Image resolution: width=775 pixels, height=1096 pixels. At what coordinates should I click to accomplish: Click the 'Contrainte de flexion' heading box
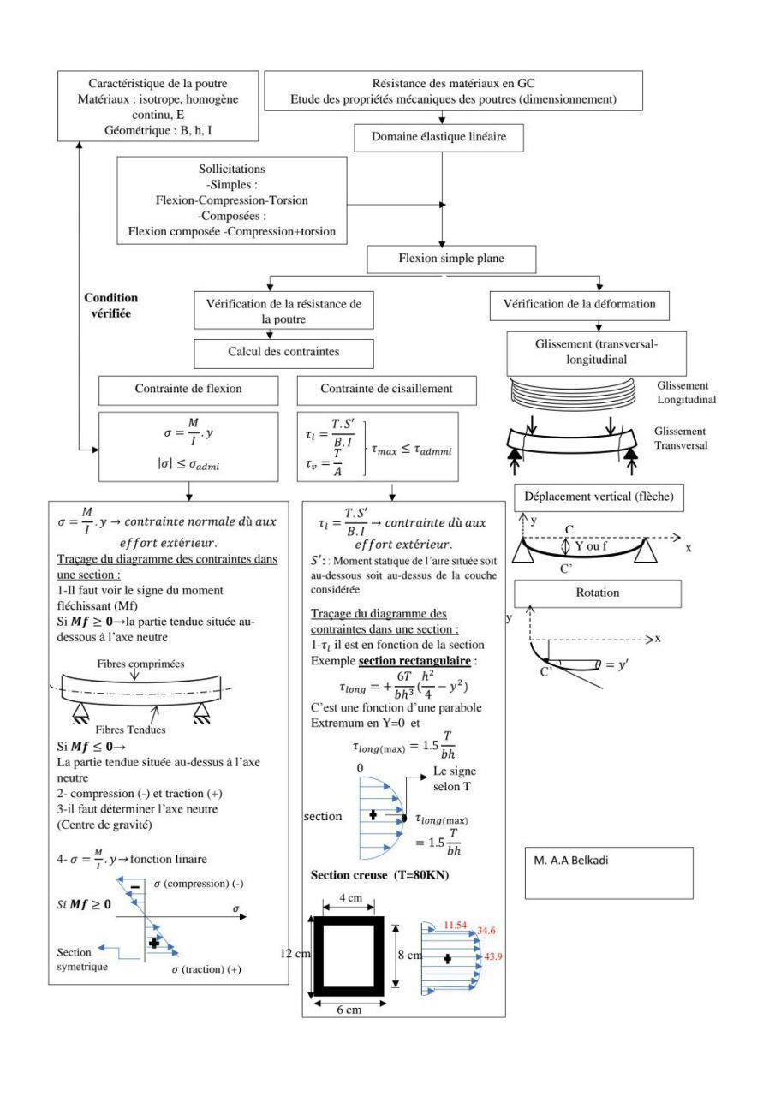(x=188, y=389)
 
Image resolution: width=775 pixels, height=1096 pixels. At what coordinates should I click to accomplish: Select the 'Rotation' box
(x=597, y=593)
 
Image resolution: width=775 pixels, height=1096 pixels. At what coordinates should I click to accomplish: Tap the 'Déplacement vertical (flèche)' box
(x=598, y=497)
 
